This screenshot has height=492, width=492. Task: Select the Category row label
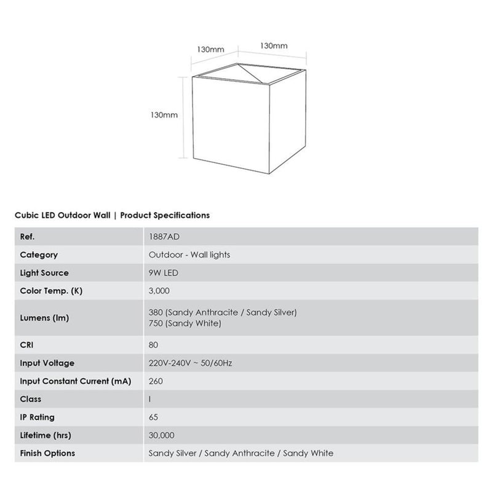39,255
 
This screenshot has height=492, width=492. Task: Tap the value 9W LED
164,272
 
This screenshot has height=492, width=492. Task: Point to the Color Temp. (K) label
51,291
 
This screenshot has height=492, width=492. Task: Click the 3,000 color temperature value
159,291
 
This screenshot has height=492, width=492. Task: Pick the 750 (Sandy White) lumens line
185,323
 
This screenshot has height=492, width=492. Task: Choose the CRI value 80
154,345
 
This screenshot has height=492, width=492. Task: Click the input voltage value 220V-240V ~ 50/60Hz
190,363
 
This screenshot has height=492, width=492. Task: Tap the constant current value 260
156,381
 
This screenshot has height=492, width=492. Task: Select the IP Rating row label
38,417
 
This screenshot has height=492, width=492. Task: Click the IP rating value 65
154,417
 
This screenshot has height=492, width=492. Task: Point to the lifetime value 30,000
162,435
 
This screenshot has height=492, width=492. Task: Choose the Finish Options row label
47,453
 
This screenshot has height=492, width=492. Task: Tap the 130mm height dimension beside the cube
164,114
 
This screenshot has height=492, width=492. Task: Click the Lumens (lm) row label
44,318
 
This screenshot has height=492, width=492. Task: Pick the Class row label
31,399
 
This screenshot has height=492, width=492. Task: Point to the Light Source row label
44,272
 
